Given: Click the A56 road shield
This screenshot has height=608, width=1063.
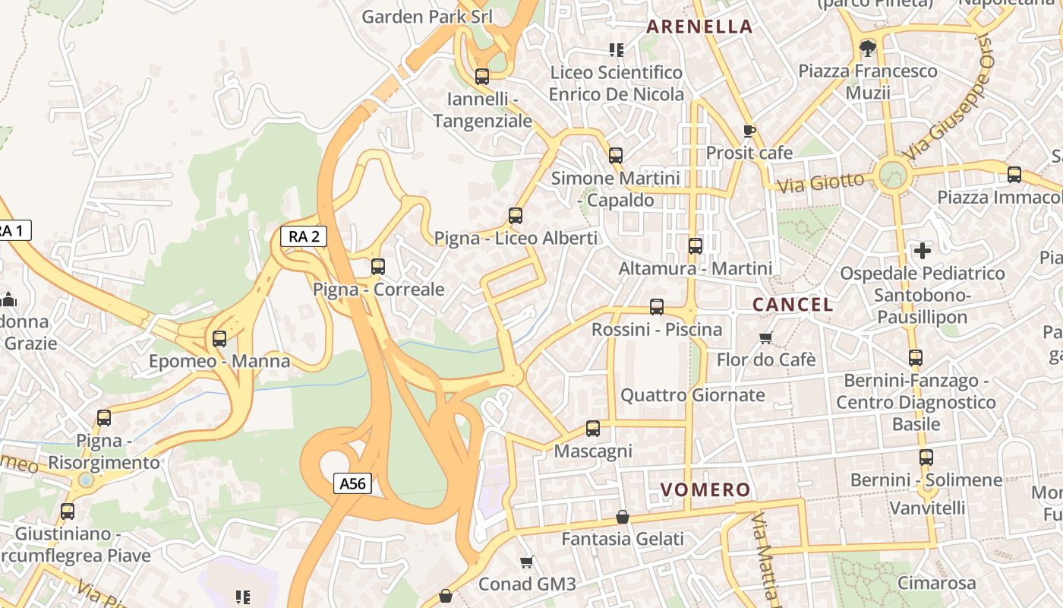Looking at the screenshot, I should tap(353, 483).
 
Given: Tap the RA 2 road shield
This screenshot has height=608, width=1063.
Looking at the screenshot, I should tap(304, 236).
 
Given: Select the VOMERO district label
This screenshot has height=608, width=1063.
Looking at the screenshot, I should tap(705, 490).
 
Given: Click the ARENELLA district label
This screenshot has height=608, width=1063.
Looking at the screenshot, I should tap(699, 27).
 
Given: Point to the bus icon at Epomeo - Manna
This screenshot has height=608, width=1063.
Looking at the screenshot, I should tap(219, 339).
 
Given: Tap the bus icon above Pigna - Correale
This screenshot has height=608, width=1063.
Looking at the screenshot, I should tap(378, 267).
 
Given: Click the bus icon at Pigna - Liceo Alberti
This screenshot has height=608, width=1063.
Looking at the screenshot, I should tap(516, 216).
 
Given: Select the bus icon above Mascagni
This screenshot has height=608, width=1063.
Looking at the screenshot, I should tap(593, 429).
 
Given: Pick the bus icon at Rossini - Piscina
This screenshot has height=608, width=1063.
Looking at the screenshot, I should tap(657, 307).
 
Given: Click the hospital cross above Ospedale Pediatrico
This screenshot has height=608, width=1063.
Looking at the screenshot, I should tap(923, 250).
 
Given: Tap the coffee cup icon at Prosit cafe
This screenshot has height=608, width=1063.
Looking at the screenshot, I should tap(749, 131).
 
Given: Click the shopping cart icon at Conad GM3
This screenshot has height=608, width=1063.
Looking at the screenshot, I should tap(527, 562).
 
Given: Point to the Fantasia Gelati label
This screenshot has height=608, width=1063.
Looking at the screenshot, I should tap(623, 539).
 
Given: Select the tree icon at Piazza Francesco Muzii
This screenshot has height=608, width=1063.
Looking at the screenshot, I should tap(867, 49).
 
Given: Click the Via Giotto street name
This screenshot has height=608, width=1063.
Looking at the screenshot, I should tap(822, 183).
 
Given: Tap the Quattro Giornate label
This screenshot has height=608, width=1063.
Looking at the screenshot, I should tap(693, 395).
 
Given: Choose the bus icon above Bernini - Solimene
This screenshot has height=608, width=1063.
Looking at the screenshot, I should tap(926, 458).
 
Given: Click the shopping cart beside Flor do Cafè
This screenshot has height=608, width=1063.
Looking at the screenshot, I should tap(766, 337).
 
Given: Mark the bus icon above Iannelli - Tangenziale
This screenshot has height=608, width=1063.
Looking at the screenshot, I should tap(482, 77).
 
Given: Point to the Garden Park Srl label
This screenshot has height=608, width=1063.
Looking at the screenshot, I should tap(427, 17).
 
